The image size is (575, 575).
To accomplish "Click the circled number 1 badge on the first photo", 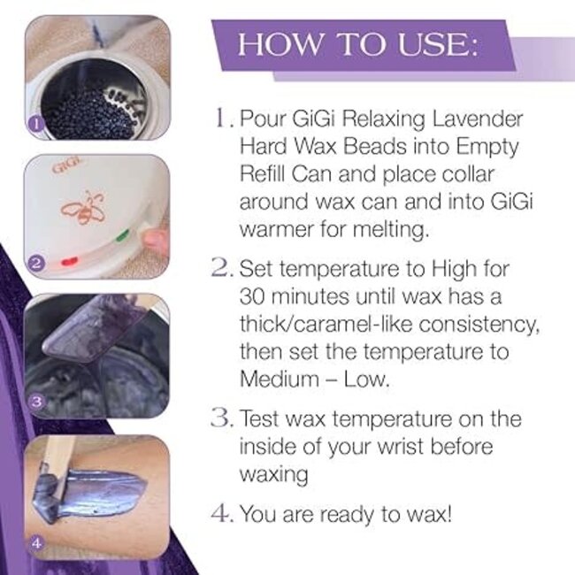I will tap(34, 125).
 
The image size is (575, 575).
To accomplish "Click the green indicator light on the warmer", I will tap(121, 235).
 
